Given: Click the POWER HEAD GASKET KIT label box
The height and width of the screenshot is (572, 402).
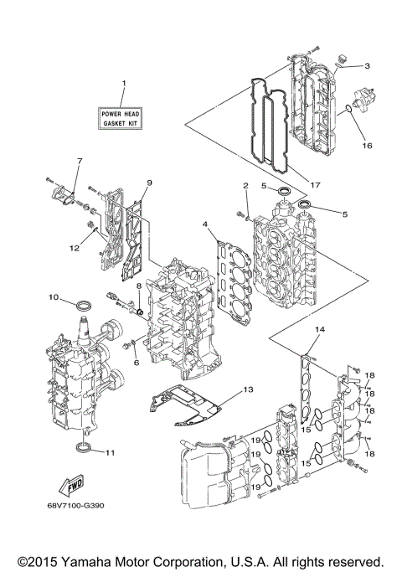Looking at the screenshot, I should pyautogui.click(x=121, y=117).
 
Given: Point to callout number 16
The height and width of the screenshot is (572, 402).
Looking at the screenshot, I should pyautogui.click(x=366, y=145).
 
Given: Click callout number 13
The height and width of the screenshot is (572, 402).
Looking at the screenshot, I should pyautogui.click(x=247, y=390).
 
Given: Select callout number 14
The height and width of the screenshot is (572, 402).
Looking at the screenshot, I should pyautogui.click(x=317, y=331).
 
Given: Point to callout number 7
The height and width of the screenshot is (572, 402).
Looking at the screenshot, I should pyautogui.click(x=80, y=160).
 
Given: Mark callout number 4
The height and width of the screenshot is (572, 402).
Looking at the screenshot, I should pyautogui.click(x=204, y=224).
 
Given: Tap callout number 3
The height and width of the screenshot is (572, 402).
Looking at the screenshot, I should pyautogui.click(x=366, y=65).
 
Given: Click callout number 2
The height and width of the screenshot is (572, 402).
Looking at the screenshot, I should pyautogui.click(x=245, y=185).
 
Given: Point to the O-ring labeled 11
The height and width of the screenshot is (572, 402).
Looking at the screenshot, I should pyautogui.click(x=83, y=451).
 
